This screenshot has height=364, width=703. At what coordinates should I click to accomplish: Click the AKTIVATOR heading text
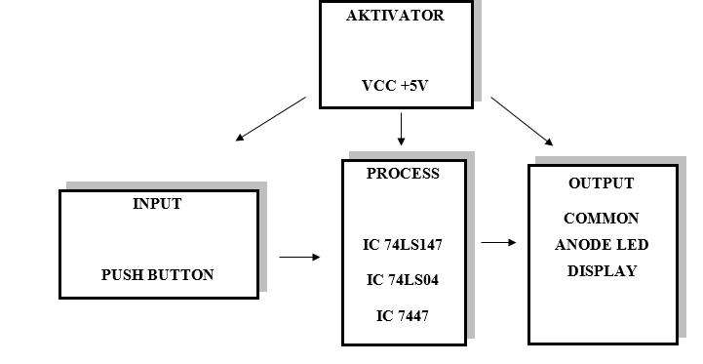click(395, 16)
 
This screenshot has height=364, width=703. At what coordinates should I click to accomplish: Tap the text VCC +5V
click(395, 86)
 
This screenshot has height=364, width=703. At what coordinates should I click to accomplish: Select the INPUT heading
click(157, 204)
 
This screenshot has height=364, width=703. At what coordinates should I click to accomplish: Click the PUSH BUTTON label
click(157, 275)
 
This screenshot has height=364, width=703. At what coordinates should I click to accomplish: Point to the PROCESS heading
click(403, 174)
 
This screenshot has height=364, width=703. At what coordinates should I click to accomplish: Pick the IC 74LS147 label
click(403, 244)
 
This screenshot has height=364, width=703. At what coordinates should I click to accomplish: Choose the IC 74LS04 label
click(403, 280)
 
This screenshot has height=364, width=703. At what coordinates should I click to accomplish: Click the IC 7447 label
click(403, 315)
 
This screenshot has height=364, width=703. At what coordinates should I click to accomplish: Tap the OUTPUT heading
click(601, 183)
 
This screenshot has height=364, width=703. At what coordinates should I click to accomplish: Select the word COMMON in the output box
click(601, 219)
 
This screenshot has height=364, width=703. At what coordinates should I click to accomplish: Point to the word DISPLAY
click(601, 271)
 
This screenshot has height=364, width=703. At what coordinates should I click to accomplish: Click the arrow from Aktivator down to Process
click(401, 129)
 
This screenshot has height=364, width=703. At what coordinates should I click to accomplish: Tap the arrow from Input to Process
click(299, 258)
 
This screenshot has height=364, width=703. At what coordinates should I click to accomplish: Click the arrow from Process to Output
click(498, 243)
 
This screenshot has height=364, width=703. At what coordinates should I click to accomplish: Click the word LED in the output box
click(632, 245)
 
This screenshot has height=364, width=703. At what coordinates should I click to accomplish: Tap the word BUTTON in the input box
click(183, 275)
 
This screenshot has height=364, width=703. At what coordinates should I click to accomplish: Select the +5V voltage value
click(412, 86)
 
